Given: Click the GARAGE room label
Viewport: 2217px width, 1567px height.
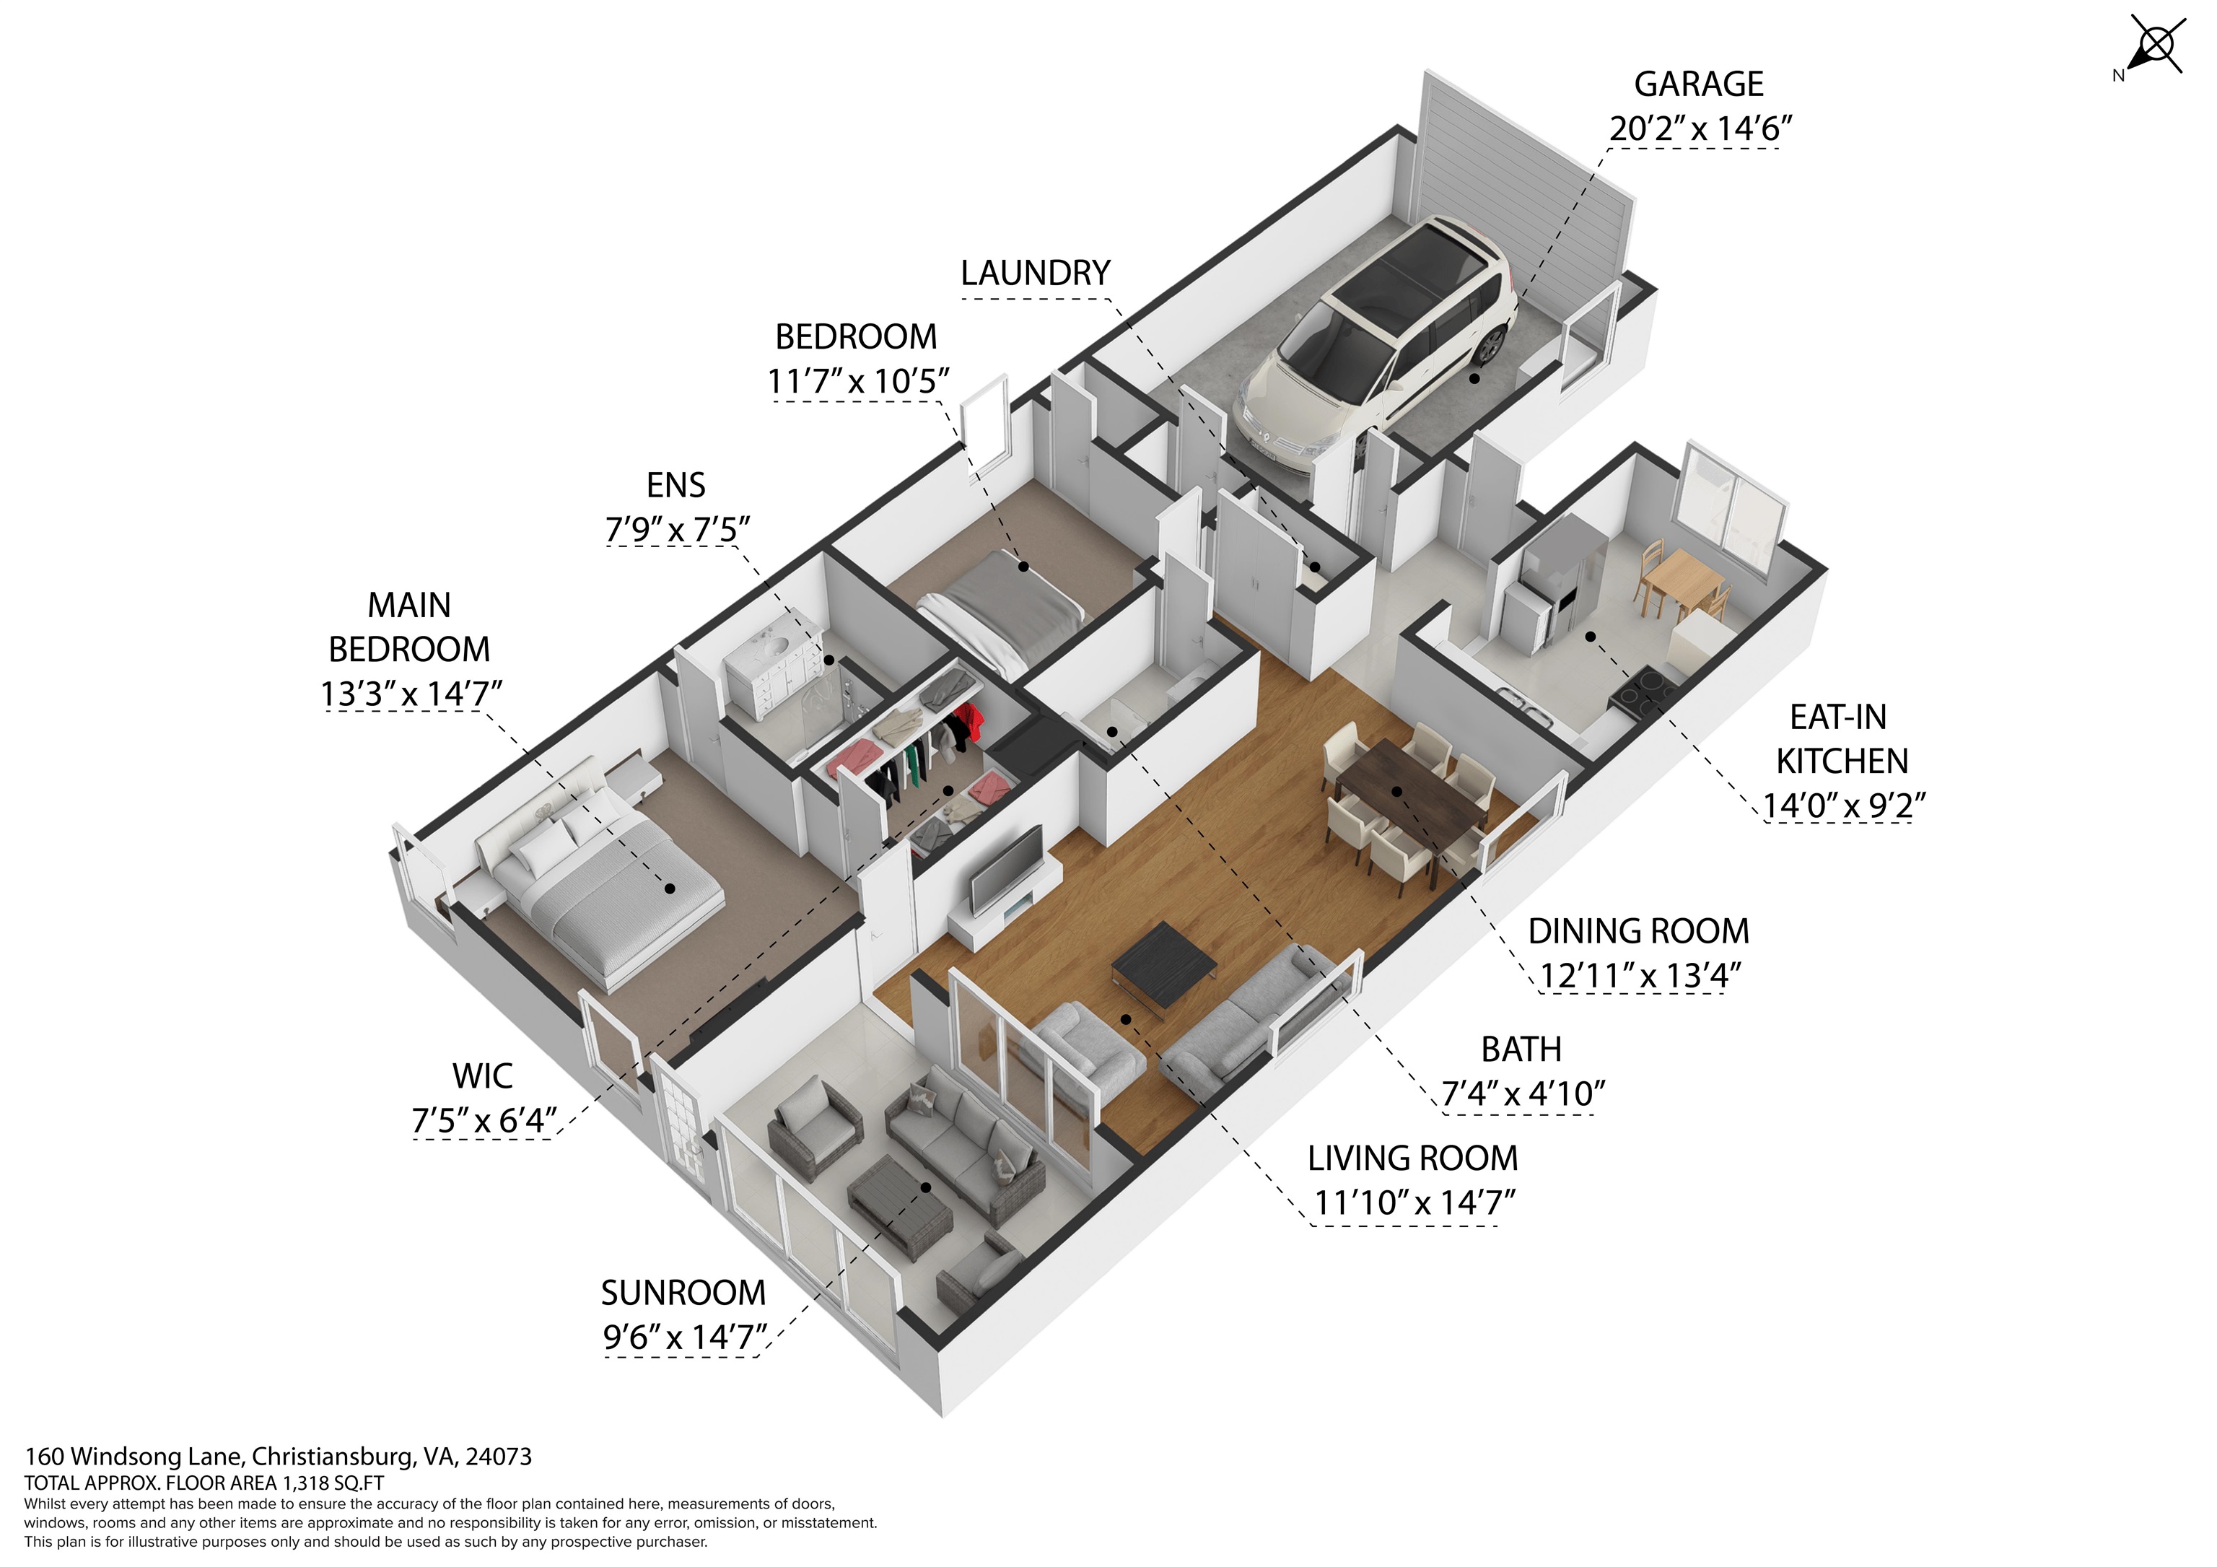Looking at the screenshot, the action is pyautogui.click(x=1699, y=85).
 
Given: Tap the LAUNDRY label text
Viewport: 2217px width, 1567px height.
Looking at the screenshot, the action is pyautogui.click(x=1035, y=274).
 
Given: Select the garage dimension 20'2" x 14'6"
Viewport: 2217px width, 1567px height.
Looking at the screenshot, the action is pyautogui.click(x=1700, y=128).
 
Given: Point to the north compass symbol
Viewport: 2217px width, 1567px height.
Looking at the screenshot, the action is pyautogui.click(x=2151, y=46).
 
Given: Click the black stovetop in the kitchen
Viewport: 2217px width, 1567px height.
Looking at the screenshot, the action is pyautogui.click(x=1642, y=690).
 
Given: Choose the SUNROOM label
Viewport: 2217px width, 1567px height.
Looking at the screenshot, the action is pyautogui.click(x=683, y=1293).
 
